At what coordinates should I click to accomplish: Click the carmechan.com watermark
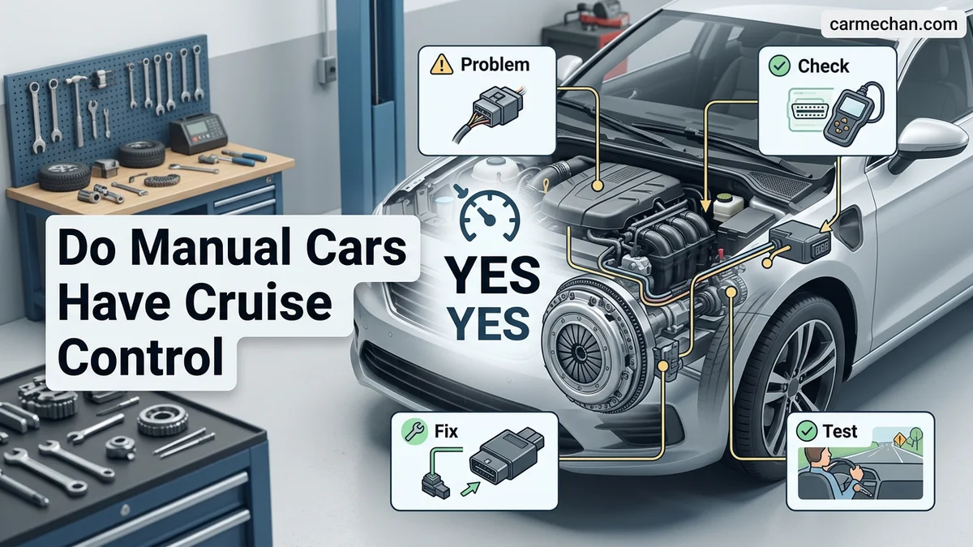point(893,24)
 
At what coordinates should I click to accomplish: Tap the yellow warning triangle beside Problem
point(441,65)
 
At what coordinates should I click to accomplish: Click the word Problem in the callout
point(495,65)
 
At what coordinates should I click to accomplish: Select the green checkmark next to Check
point(779,66)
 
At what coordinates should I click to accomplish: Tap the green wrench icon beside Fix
point(414,431)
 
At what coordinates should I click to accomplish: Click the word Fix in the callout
point(446,431)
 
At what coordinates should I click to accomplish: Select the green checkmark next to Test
point(807,431)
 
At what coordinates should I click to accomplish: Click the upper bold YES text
point(493,275)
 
